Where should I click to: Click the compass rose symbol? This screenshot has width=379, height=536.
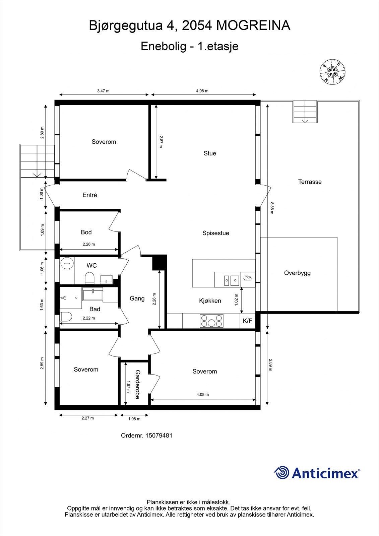coord(332,71)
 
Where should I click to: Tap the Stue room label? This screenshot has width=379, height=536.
coord(210,153)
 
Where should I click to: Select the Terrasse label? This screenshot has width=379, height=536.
coord(310,182)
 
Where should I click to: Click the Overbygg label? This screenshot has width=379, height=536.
coord(297,273)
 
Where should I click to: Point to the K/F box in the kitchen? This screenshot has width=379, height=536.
coord(247,321)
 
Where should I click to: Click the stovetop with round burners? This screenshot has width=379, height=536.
coord(211,321)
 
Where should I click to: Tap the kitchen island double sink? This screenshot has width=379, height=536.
coord(231,279)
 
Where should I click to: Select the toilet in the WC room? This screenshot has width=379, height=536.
coord(89,277)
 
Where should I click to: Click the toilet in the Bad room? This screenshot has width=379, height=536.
coord(66,317)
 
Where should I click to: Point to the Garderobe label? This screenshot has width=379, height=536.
coord(137,384)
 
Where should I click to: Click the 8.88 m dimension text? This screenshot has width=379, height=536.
coord(272,208)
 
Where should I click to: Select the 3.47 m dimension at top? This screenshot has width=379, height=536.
coord(103,91)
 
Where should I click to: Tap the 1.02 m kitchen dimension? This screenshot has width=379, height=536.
coord(236,299)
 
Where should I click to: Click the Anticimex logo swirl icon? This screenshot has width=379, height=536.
coord(281,473)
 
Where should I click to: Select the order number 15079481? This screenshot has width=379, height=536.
coord(159,435)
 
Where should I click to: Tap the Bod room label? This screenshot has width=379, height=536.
coord(86,232)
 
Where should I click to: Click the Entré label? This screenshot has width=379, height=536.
coord(90,195)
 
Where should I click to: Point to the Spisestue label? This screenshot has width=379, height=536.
coord(215,233)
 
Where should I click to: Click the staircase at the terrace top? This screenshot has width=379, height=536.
coord(305,112)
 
